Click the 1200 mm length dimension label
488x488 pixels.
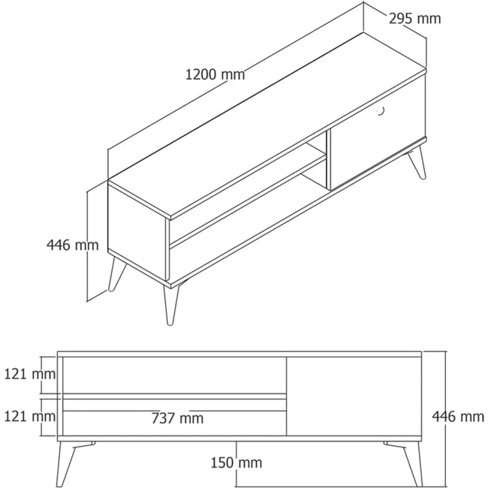click(x=215, y=74)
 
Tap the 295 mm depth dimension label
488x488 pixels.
click(x=415, y=19)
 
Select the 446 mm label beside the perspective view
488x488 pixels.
click(x=73, y=245)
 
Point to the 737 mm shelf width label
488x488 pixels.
click(x=177, y=418)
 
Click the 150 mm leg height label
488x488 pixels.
click(x=236, y=462)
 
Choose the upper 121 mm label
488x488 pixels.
click(x=30, y=374)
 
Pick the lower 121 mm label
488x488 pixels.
click(x=30, y=416)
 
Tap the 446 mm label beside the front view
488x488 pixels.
click(x=458, y=416)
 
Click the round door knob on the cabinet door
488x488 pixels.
click(x=381, y=111)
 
